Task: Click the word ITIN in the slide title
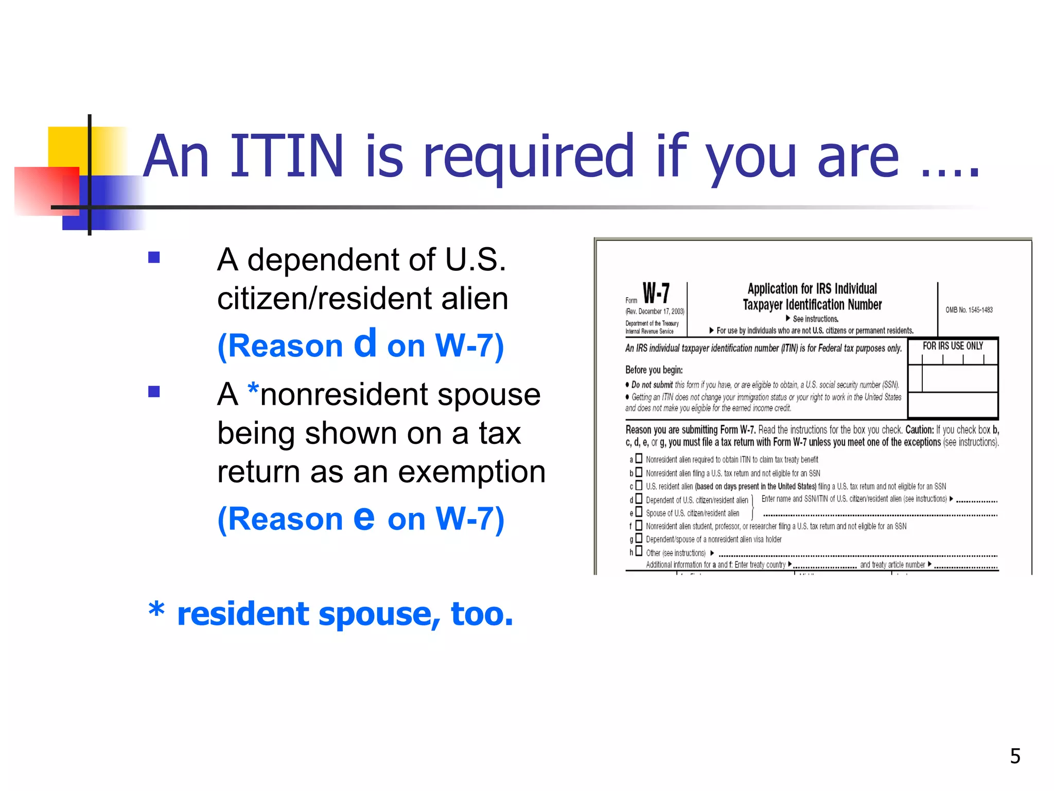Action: (286, 157)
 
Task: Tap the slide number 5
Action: (1015, 756)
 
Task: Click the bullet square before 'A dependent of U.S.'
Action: (154, 257)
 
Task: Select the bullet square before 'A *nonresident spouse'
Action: (154, 392)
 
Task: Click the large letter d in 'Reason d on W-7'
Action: (365, 343)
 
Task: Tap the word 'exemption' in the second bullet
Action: (471, 472)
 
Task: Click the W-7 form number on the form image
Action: (656, 294)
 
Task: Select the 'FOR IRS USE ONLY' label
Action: (953, 346)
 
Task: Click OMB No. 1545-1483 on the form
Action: (969, 310)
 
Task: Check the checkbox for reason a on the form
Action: (639, 458)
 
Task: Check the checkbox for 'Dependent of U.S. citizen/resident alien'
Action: (639, 498)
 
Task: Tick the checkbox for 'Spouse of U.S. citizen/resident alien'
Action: (639, 512)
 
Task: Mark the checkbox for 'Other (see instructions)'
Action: (639, 552)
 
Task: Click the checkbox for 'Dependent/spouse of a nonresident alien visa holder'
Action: (639, 538)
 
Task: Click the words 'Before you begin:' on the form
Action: (654, 370)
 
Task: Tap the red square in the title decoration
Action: (46, 191)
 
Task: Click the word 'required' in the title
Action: (528, 157)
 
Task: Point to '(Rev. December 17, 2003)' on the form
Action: (655, 312)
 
